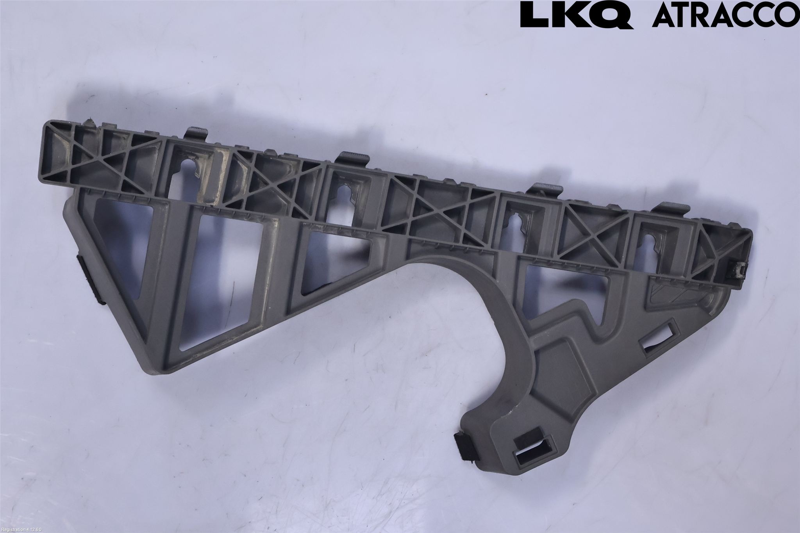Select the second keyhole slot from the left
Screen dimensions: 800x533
pyautogui.click(x=345, y=192)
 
